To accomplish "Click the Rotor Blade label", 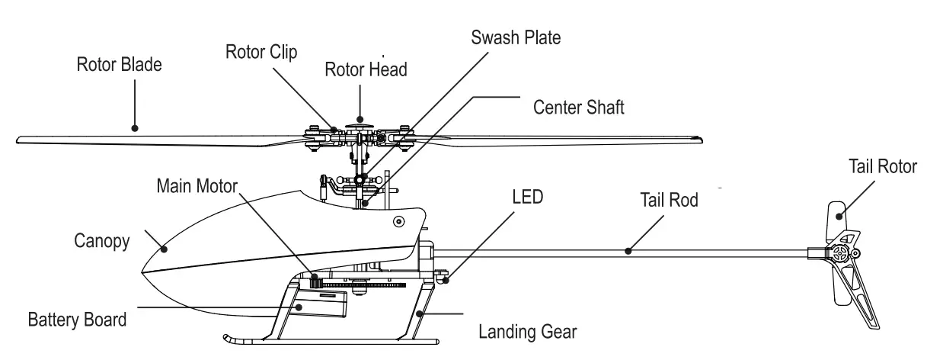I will pos(119,65).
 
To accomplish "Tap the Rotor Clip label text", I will pos(261,51).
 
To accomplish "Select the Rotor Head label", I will pos(366,69).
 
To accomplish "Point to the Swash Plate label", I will pos(516,37).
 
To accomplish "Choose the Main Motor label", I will pos(197,185).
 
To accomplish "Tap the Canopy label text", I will pos(101,241).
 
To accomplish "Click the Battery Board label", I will pos(76,318).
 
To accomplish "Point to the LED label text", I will pos(526,197).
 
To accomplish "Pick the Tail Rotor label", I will pos(883,166).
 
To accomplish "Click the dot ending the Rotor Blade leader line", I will pos(135,128).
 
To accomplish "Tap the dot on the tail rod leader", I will pos(628,249).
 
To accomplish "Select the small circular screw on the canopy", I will pos(398,222).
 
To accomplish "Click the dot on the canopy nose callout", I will pos(163,246).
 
